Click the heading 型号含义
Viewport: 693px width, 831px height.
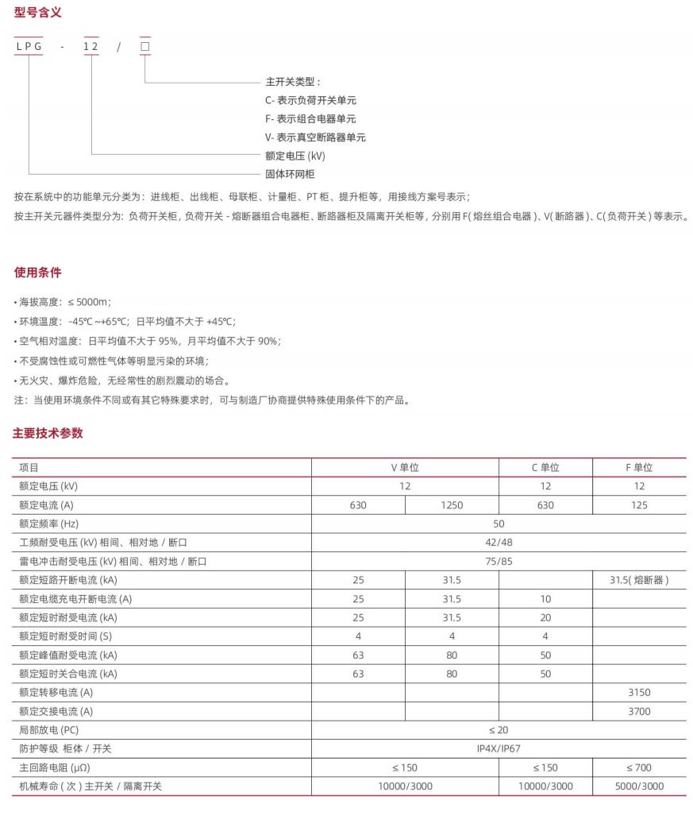(x=38, y=13)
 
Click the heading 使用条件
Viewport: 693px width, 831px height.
(x=38, y=272)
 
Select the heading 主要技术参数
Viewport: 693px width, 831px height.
(x=48, y=433)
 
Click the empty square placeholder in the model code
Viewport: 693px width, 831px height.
(x=144, y=47)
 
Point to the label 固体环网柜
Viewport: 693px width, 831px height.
(x=290, y=174)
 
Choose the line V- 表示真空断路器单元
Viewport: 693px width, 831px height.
(x=315, y=137)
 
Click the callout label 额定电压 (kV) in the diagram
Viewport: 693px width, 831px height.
(x=295, y=156)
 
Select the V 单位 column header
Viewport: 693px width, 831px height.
(x=405, y=467)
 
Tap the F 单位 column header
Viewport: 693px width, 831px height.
(x=639, y=467)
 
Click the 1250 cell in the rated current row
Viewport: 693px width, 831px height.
(x=452, y=505)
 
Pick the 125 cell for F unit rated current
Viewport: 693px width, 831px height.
(x=639, y=505)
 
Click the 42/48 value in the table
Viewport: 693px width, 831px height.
(x=499, y=543)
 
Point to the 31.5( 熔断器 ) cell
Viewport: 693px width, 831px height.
(x=639, y=580)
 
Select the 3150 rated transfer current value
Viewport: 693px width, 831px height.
(x=639, y=693)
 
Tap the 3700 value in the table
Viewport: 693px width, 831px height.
(x=639, y=712)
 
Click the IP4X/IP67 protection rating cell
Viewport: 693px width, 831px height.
(x=499, y=749)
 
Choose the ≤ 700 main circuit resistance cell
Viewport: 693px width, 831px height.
(x=639, y=768)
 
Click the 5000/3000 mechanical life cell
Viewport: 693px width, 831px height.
(x=639, y=787)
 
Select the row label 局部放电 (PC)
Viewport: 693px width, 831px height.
(x=49, y=730)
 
